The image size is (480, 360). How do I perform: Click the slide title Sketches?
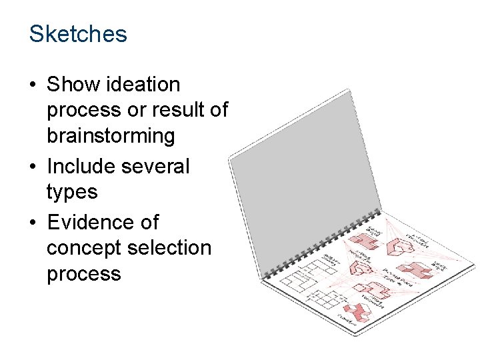(x=78, y=33)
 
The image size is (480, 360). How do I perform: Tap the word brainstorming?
(x=111, y=136)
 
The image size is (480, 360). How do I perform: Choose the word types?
(x=72, y=193)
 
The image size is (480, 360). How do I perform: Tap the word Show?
(x=71, y=85)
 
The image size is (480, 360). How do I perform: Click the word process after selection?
(x=84, y=275)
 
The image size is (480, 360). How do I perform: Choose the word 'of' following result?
(x=218, y=110)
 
